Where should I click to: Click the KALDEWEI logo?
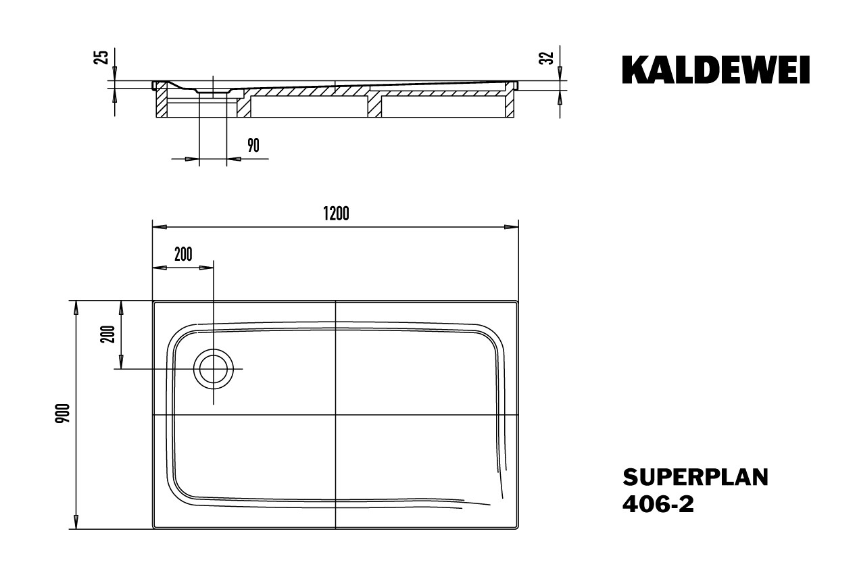[x=716, y=70]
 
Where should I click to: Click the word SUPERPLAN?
[x=695, y=478]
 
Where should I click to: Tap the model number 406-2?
[x=658, y=504]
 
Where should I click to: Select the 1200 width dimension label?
[x=337, y=214]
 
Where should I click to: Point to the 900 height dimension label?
[x=63, y=413]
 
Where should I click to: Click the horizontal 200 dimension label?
[x=183, y=255]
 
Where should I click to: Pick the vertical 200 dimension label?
[x=108, y=334]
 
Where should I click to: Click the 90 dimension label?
[x=253, y=145]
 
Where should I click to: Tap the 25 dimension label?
[x=103, y=57]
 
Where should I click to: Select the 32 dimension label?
[x=548, y=57]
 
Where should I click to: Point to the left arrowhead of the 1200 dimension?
[x=160, y=227]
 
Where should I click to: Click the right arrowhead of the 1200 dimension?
[x=512, y=227]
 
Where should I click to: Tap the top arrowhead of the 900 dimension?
[x=76, y=308]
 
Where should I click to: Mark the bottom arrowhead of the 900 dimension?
[x=76, y=522]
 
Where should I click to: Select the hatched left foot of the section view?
[x=162, y=103]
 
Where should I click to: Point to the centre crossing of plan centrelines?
[x=335, y=415]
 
